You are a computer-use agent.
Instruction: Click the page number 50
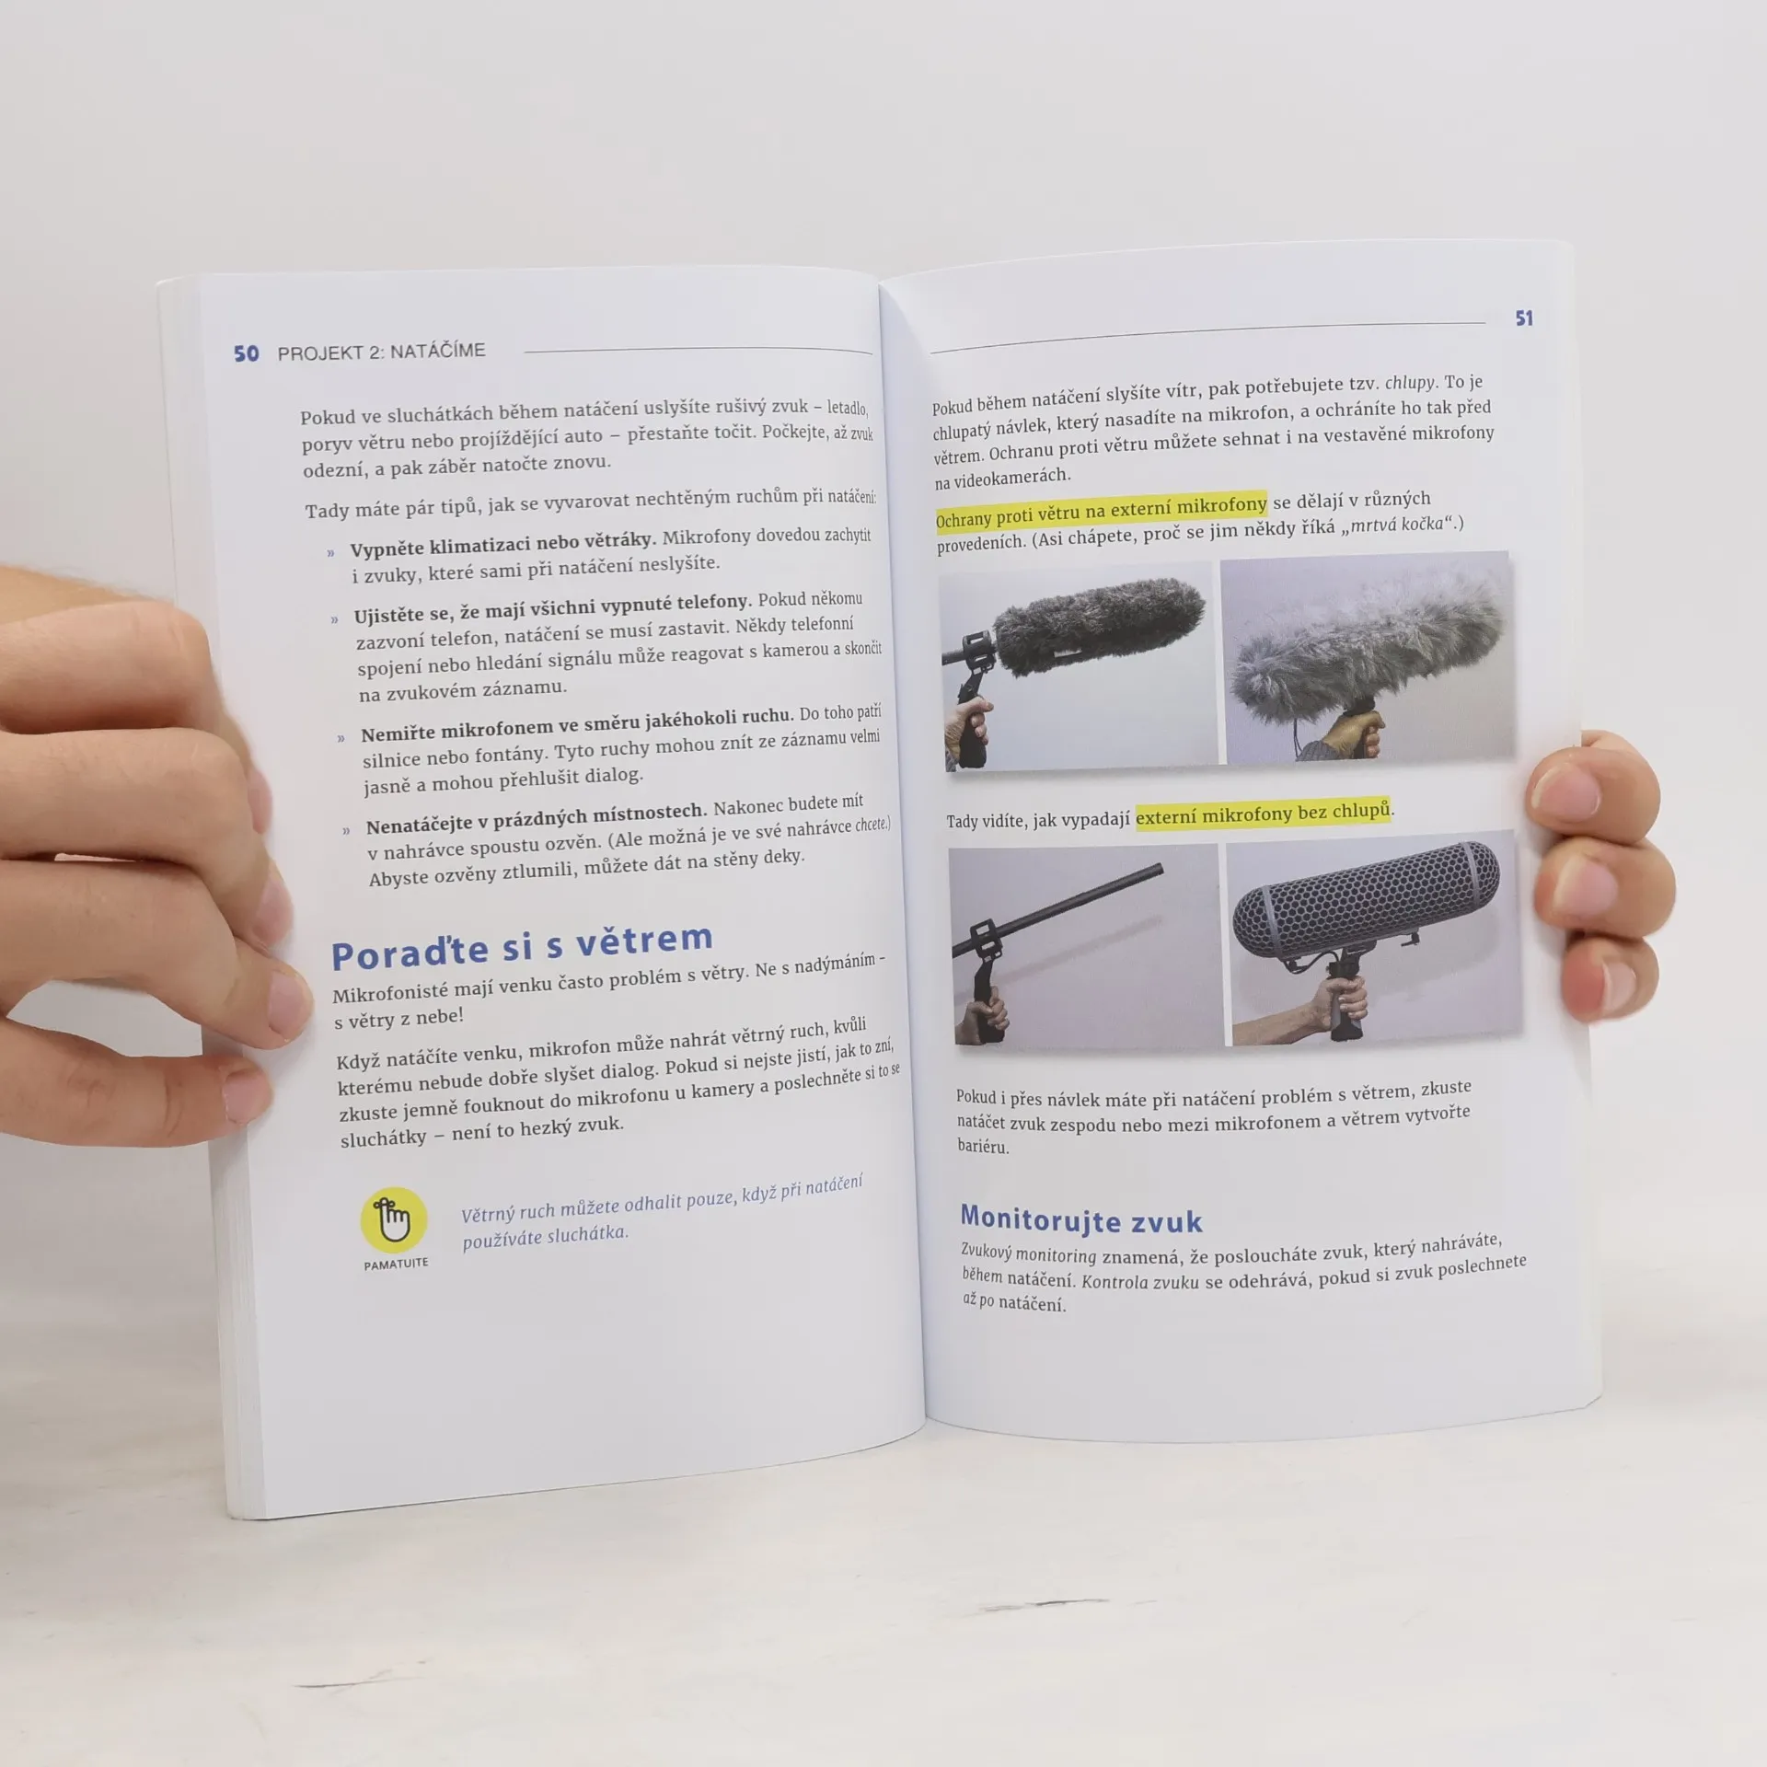246,353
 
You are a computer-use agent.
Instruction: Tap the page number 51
1524,318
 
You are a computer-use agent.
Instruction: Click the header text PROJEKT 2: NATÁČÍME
381,351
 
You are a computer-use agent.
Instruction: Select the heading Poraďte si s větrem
522,946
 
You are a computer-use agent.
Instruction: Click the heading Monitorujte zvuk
1081,1218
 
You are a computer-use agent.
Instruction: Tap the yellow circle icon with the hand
394,1220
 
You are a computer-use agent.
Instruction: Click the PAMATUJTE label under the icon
396,1264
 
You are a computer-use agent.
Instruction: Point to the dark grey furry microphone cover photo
1078,666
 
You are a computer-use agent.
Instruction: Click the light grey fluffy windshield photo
1367,657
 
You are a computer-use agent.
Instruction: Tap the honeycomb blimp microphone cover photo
1373,937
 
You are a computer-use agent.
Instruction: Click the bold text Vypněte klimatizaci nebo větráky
502,544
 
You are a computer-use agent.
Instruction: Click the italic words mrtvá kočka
1395,525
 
